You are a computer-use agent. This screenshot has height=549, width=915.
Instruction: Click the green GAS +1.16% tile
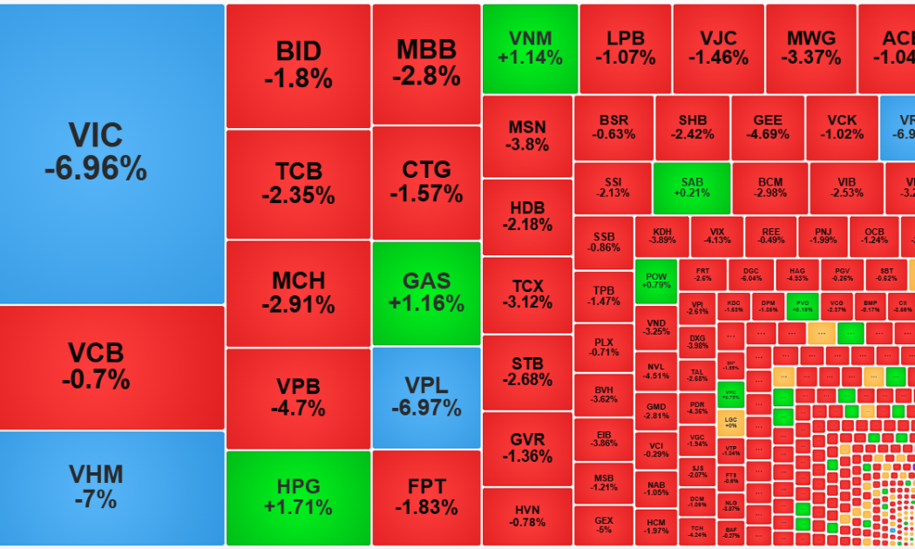coord(426,293)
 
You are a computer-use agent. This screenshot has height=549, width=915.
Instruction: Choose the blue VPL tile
coord(426,396)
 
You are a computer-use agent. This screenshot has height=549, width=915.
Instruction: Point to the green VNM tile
coord(530,48)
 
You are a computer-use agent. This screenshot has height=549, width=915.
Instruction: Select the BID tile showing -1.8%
coord(298,65)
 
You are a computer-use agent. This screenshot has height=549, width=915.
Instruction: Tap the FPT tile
coord(426,498)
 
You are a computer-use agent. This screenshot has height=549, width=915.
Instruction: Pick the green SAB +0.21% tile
coord(692,188)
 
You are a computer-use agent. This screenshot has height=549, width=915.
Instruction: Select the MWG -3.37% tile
coord(810,48)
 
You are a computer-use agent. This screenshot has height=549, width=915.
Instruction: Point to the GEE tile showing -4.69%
coord(768,127)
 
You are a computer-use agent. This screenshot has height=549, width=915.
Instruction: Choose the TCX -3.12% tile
coord(527,294)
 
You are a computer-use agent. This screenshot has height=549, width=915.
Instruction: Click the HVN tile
coord(527,516)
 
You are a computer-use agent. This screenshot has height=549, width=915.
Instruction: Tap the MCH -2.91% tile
coord(298,294)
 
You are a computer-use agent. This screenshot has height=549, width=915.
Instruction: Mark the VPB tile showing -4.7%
coord(298,397)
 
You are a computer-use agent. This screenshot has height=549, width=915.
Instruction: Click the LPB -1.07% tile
coord(625,48)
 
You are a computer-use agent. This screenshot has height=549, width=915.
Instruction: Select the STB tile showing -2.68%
coord(527,372)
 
